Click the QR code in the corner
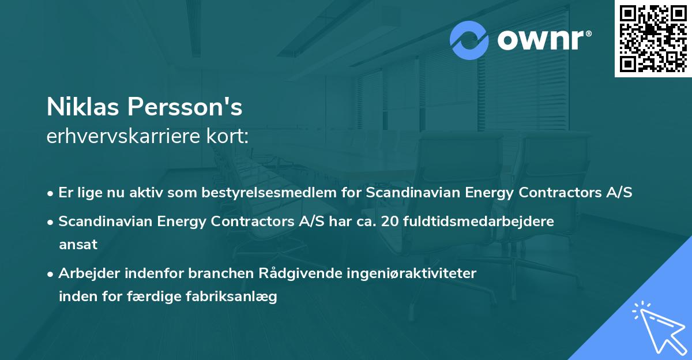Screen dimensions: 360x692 pyautogui.click(x=653, y=39)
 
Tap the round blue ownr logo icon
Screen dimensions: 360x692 pyautogui.click(x=470, y=40)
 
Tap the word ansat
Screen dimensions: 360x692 pyautogui.click(x=78, y=245)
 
